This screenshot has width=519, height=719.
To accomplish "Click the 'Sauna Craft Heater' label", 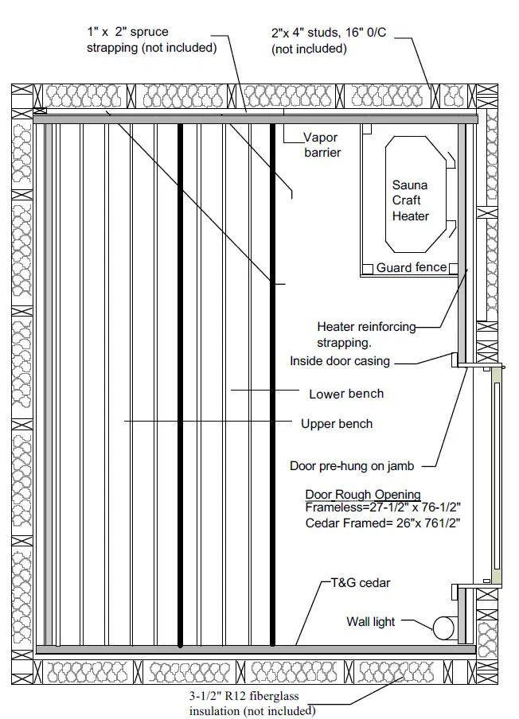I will (410, 200).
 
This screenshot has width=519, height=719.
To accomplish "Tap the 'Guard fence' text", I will (412, 267).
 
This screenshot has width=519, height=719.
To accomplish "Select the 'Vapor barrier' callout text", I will (322, 144).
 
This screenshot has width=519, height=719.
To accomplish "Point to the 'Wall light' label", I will (370, 621).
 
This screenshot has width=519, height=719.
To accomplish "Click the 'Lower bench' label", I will (345, 394).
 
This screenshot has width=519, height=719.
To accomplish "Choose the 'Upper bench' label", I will (336, 424).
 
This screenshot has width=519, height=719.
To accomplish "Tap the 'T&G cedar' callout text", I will (360, 583).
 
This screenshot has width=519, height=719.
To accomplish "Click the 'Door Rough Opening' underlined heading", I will (363, 494).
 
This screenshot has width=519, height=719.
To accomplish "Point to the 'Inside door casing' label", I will (340, 361).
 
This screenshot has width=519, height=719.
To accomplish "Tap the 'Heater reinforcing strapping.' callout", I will (366, 334).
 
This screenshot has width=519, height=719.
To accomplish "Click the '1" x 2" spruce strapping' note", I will (151, 40).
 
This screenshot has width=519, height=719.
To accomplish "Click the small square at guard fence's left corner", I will (368, 269).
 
